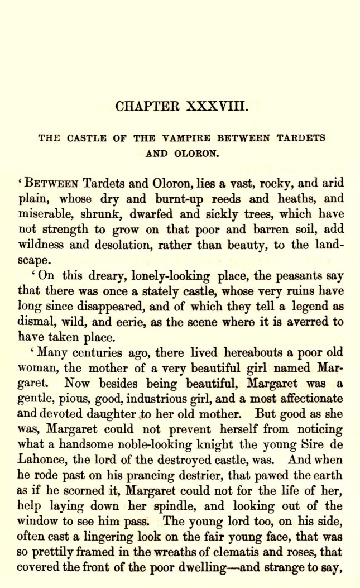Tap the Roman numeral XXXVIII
click(219, 106)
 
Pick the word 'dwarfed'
click(120, 214)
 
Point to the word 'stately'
click(143, 291)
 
